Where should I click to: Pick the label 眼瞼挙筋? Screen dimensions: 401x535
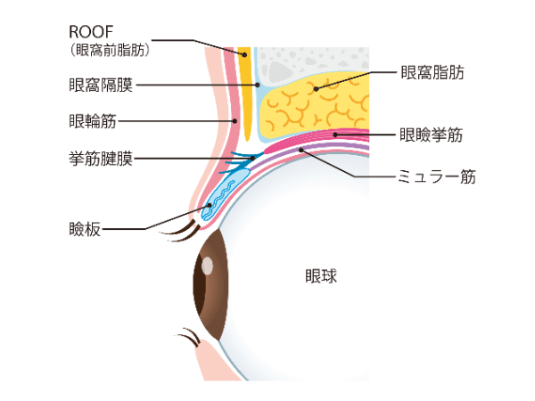click(432, 135)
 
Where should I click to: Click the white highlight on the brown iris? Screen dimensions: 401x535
click(207, 266)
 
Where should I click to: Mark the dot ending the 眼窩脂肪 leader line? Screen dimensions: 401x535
click(314, 88)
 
